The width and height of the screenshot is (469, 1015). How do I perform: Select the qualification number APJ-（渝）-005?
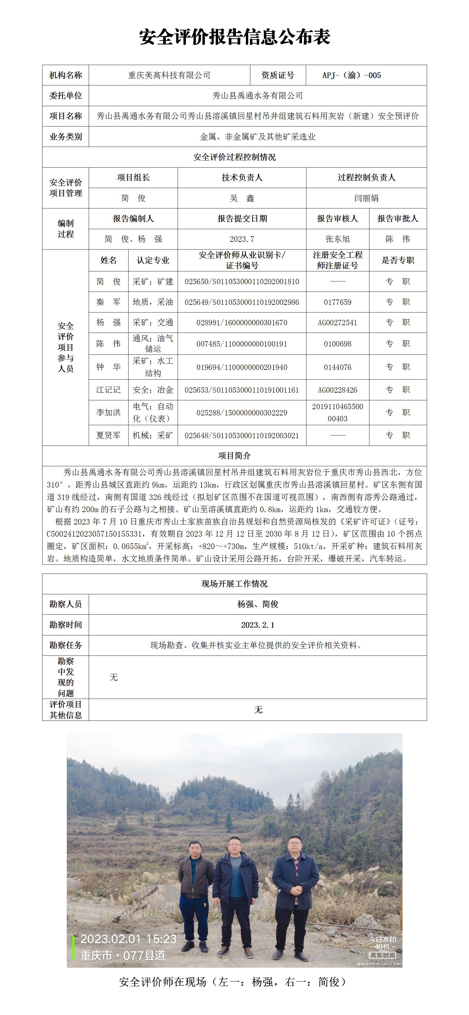(x=351, y=75)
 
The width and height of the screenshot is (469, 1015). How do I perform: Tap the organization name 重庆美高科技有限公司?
(x=169, y=75)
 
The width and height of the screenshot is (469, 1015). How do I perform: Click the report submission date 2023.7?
(x=242, y=239)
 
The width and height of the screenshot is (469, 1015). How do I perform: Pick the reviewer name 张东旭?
(x=337, y=239)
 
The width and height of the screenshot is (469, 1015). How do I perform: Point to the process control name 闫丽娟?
(x=366, y=198)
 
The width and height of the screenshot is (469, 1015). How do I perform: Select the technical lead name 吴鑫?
(x=242, y=198)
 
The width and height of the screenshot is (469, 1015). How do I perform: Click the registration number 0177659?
(x=337, y=302)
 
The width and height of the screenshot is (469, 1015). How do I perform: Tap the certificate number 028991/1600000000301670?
(x=242, y=323)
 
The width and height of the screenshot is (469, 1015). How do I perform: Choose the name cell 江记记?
(x=108, y=390)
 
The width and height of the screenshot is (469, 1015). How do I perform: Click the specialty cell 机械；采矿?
(x=153, y=436)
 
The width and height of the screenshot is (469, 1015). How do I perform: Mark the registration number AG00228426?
(x=337, y=390)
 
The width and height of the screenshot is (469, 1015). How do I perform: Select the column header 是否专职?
(x=398, y=260)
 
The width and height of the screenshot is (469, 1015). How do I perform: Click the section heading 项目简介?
(x=234, y=456)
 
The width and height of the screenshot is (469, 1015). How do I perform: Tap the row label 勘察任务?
(x=65, y=645)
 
